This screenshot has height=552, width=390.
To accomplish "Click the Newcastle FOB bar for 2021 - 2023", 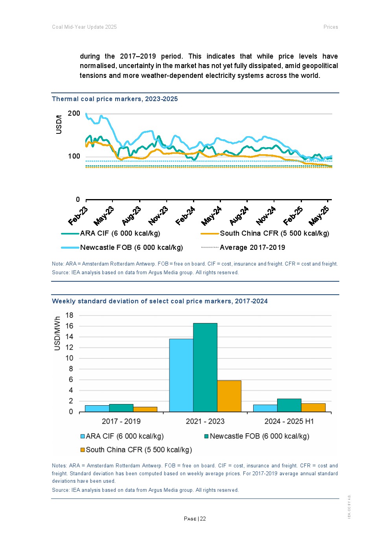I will pos(205,367).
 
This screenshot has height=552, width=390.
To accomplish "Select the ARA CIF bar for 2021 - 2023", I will pos(181,375).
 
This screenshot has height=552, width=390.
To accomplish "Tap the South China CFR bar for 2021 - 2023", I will pos(229,396).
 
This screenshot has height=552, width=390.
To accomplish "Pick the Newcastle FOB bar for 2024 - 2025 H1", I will pos(289,406).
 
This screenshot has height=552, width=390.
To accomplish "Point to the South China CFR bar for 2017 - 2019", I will pos(145,410).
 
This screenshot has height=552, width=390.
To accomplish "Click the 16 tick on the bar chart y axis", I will pos(69,326).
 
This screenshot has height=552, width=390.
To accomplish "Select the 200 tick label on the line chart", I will pos(74,114).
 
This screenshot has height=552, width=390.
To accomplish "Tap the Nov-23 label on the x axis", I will pos(158,216).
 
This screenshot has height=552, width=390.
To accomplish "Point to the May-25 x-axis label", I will pos(319,216).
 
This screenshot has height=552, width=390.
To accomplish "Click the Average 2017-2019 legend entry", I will pos(252,247).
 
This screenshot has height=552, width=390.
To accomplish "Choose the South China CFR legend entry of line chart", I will pos(274,233).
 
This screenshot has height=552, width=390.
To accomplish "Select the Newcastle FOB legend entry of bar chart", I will pos(259,436).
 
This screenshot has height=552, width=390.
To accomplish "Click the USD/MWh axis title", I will pos(57,334).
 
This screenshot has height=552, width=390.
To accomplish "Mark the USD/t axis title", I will pos(59,125).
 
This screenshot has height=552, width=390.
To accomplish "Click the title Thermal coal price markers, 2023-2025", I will pos(115,99).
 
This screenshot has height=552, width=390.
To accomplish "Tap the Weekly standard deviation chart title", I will pos(160,301).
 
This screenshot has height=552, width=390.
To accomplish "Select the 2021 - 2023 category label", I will pos(205,421).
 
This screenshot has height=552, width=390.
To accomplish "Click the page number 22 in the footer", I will pos(203,519).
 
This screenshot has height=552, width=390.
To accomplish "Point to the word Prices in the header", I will pos(331,27).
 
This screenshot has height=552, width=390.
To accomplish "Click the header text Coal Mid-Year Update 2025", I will pos(85,27).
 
